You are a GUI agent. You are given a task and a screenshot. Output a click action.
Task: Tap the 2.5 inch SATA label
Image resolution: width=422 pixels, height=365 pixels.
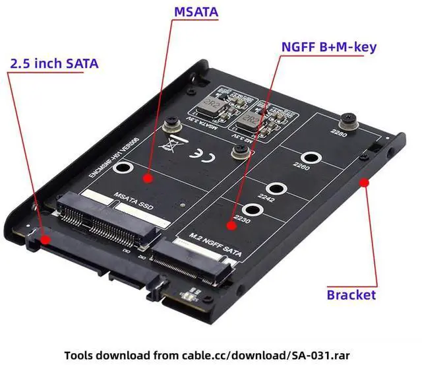tap(54, 63)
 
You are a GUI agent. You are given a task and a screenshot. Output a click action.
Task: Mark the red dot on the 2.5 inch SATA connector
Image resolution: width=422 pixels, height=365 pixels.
tap(44, 239)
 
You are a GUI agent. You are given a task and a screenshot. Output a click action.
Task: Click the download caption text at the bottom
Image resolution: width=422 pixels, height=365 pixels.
tap(211, 350)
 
